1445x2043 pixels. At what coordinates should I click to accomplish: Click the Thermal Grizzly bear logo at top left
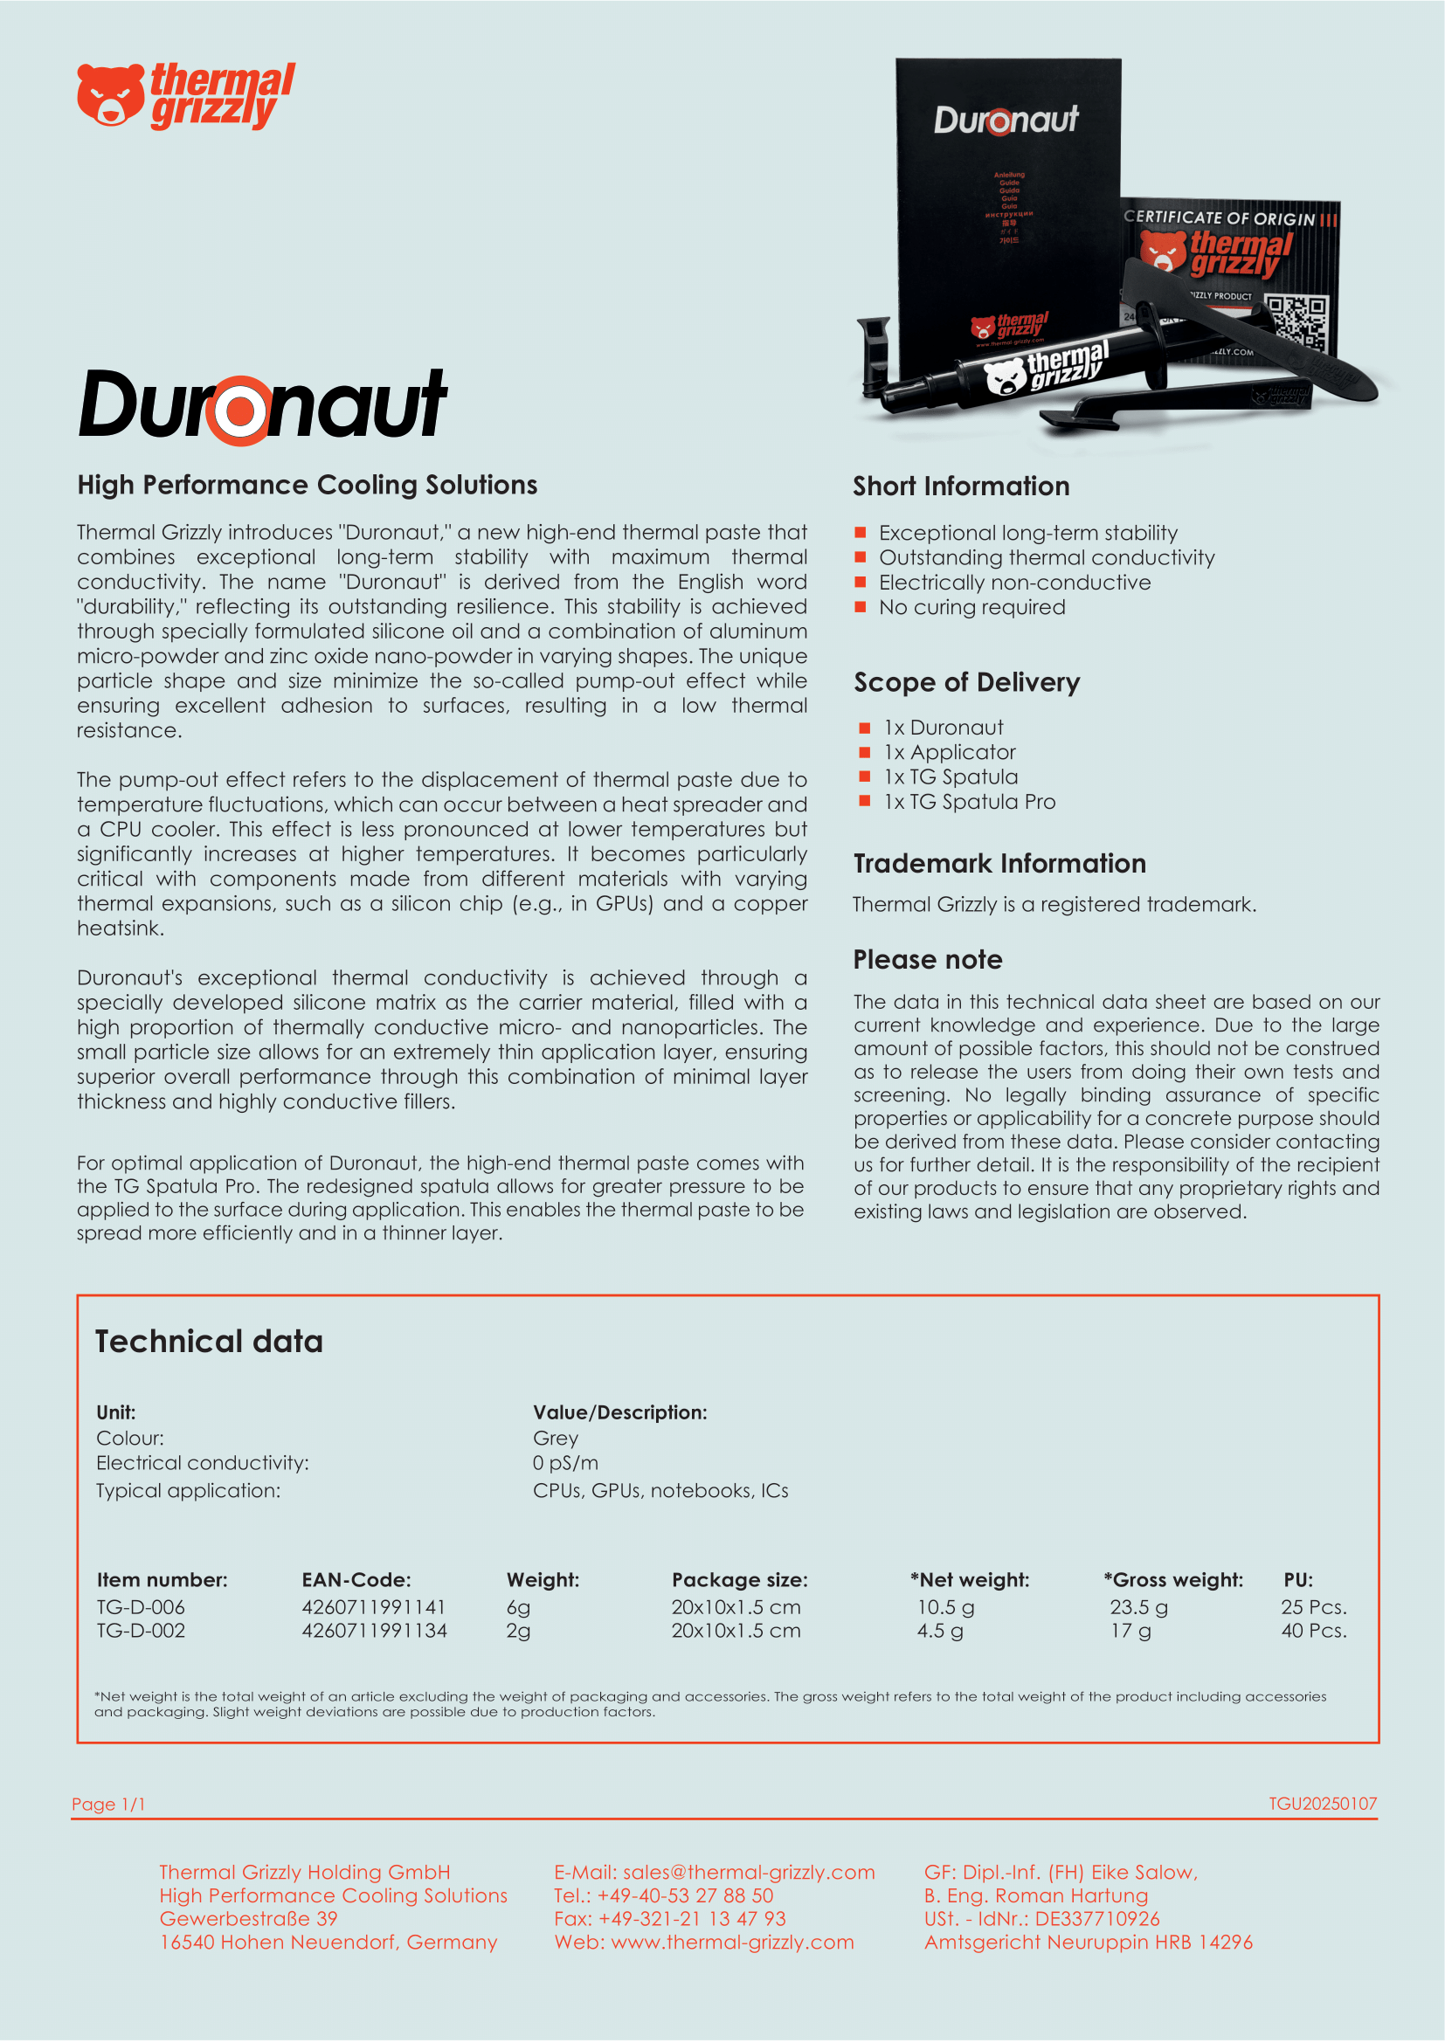[x=109, y=94]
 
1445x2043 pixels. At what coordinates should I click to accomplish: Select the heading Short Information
[x=961, y=486]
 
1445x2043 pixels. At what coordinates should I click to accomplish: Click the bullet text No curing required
[x=971, y=607]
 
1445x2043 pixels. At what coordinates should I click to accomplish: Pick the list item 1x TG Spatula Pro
[x=969, y=802]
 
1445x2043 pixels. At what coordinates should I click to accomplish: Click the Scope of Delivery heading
[x=966, y=682]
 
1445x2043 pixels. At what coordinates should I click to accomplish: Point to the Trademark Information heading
[x=999, y=863]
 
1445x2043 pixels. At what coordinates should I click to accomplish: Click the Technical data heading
[x=209, y=1341]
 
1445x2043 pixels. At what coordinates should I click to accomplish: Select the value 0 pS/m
[x=565, y=1463]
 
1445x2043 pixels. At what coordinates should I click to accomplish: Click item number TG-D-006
[x=141, y=1607]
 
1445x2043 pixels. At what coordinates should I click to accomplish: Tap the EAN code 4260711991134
[x=374, y=1630]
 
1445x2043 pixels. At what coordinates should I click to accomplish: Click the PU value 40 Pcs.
[x=1313, y=1630]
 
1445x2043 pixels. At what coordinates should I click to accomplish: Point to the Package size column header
[x=739, y=1579]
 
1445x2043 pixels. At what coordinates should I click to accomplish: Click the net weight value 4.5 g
[x=940, y=1630]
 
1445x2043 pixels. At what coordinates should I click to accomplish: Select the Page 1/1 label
[x=108, y=1804]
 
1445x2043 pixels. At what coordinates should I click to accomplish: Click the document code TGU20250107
[x=1322, y=1803]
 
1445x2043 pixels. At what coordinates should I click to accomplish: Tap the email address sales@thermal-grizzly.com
[x=749, y=1872]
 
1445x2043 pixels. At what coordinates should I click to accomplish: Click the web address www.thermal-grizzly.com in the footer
[x=732, y=1942]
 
